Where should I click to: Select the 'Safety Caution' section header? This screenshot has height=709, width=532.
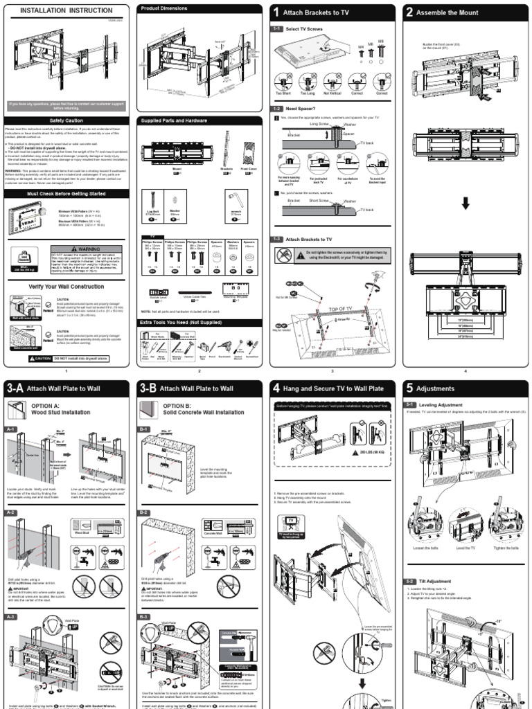click(66, 120)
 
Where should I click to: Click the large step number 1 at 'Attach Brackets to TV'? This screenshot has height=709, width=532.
click(276, 12)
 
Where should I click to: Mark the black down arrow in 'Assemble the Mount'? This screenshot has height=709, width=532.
click(465, 203)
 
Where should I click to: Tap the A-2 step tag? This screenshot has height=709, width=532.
click(12, 512)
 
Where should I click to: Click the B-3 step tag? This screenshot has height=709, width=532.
click(145, 616)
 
